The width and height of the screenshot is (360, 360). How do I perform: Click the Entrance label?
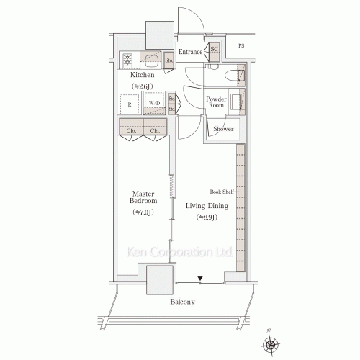(190, 52)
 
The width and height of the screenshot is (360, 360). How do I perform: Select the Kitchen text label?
(143, 75)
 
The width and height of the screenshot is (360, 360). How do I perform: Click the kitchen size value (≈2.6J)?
(143, 86)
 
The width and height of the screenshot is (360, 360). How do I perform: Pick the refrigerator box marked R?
(130, 104)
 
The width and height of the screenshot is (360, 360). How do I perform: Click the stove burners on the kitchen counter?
(128, 60)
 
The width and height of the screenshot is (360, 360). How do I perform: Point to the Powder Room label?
(217, 102)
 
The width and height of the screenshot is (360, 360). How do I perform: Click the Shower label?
(222, 129)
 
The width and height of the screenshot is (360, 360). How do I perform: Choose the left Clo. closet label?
(132, 131)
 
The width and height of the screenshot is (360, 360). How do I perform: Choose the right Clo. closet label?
(155, 131)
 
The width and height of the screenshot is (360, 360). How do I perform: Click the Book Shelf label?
(220, 192)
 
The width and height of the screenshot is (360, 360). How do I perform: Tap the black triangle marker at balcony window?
(202, 279)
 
